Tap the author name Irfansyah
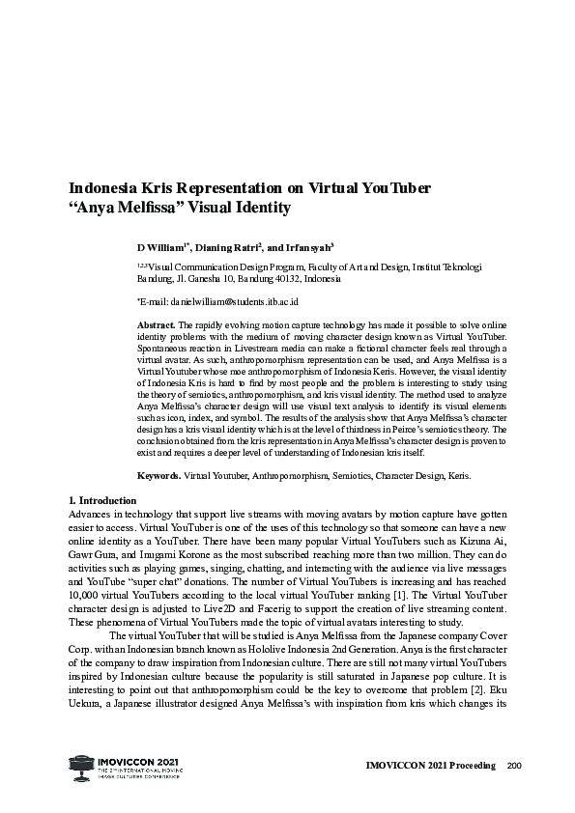click(x=304, y=247)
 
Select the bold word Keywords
click(x=158, y=476)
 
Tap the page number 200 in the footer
click(x=513, y=767)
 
